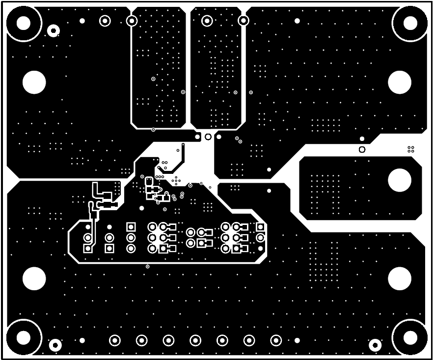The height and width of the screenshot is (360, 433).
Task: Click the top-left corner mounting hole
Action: point(23,23)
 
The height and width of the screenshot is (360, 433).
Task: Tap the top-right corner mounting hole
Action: point(410,22)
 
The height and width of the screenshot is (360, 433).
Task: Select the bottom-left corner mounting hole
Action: point(23,337)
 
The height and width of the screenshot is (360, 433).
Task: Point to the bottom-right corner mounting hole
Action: point(410,337)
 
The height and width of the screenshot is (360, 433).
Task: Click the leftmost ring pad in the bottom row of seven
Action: point(115,340)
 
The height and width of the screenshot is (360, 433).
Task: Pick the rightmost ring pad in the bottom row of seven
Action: point(276,340)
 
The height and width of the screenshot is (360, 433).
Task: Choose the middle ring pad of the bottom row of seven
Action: point(195,340)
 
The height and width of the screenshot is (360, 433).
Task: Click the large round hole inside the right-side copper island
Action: point(399,180)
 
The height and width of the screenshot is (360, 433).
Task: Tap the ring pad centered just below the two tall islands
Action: point(208,137)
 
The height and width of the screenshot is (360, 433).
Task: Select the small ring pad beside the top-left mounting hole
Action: point(54,31)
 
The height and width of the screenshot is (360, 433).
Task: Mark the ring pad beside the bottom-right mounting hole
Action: point(375,345)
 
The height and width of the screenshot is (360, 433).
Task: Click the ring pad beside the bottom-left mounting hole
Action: point(55,345)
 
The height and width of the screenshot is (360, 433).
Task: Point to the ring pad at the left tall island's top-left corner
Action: point(132,21)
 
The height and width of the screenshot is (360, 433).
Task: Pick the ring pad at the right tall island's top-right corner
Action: point(243,21)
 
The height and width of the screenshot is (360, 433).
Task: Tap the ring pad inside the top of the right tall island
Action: point(207,21)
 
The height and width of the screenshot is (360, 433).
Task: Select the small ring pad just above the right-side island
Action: point(362,149)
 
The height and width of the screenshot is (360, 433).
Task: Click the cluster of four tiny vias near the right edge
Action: point(411,149)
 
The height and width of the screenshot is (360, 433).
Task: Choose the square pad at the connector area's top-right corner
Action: point(260,227)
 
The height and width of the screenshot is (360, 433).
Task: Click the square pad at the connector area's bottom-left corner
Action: point(88,249)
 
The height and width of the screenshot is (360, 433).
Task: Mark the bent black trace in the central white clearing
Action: point(181,155)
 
